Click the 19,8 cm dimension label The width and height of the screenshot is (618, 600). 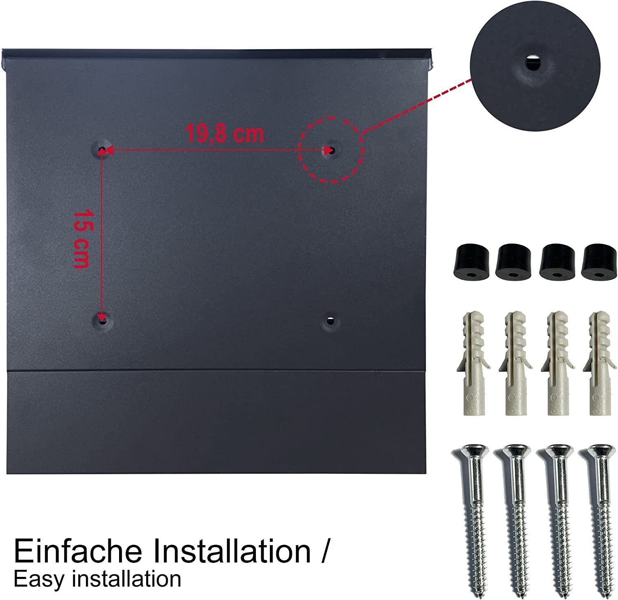[224, 133]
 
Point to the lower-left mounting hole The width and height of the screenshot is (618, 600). [102, 320]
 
